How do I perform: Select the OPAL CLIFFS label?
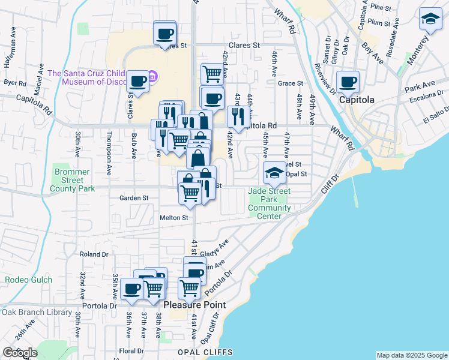point(204,352)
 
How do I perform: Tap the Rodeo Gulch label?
point(29,280)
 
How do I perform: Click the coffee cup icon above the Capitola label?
point(348,81)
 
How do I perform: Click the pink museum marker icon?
point(153,76)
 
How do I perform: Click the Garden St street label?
point(134,197)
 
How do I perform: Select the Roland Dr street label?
point(94,254)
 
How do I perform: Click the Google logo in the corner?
point(20,353)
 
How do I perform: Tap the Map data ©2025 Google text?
point(411,355)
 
